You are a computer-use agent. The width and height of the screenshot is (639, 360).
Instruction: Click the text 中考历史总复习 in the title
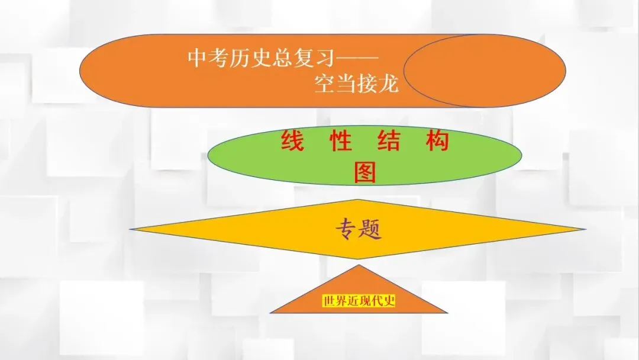click(x=260, y=59)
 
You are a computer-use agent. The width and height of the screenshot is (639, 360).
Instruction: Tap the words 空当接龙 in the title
click(x=356, y=85)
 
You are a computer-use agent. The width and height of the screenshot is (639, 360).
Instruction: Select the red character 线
click(x=292, y=142)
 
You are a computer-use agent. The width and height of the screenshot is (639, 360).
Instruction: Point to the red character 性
click(x=341, y=142)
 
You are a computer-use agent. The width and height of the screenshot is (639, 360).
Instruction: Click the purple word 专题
click(x=359, y=229)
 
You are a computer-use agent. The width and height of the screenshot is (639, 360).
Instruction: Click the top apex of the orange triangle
click(x=359, y=265)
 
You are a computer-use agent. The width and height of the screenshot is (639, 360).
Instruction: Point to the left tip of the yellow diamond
click(x=132, y=228)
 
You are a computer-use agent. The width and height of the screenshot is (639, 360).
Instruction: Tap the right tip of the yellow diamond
click(x=585, y=229)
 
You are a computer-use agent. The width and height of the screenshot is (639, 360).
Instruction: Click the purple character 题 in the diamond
click(x=370, y=229)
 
